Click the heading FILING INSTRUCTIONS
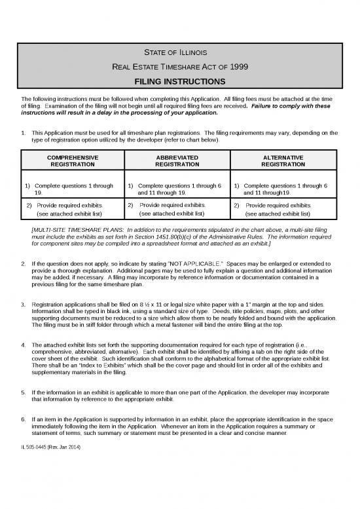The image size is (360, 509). click(x=180, y=82)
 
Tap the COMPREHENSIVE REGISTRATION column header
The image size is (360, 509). click(x=73, y=162)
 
